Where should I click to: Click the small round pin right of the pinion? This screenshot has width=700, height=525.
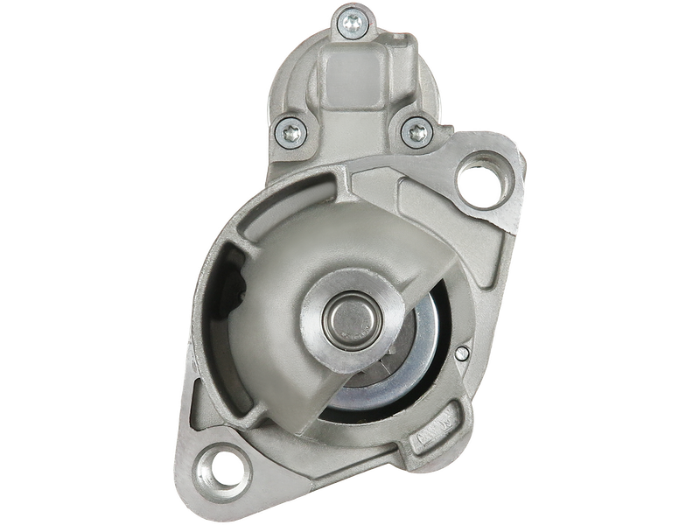point(461,354)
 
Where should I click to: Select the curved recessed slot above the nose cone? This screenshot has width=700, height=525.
point(289,197)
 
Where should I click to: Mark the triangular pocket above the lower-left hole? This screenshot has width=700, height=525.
point(210,411)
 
